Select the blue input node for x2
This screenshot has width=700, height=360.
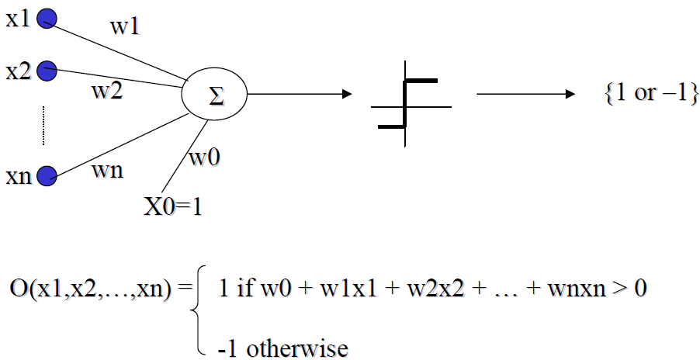(47, 71)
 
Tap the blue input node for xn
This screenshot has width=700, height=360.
(47, 175)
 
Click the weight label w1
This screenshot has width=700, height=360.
(125, 28)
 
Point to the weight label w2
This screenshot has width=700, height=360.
(106, 92)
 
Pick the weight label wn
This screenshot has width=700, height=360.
(106, 171)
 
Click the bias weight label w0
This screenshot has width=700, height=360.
(204, 157)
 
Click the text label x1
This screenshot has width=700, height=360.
(17, 18)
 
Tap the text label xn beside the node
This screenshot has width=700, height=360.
(17, 177)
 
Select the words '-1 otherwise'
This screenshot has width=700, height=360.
(283, 348)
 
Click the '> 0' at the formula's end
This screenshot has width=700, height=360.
(632, 289)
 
